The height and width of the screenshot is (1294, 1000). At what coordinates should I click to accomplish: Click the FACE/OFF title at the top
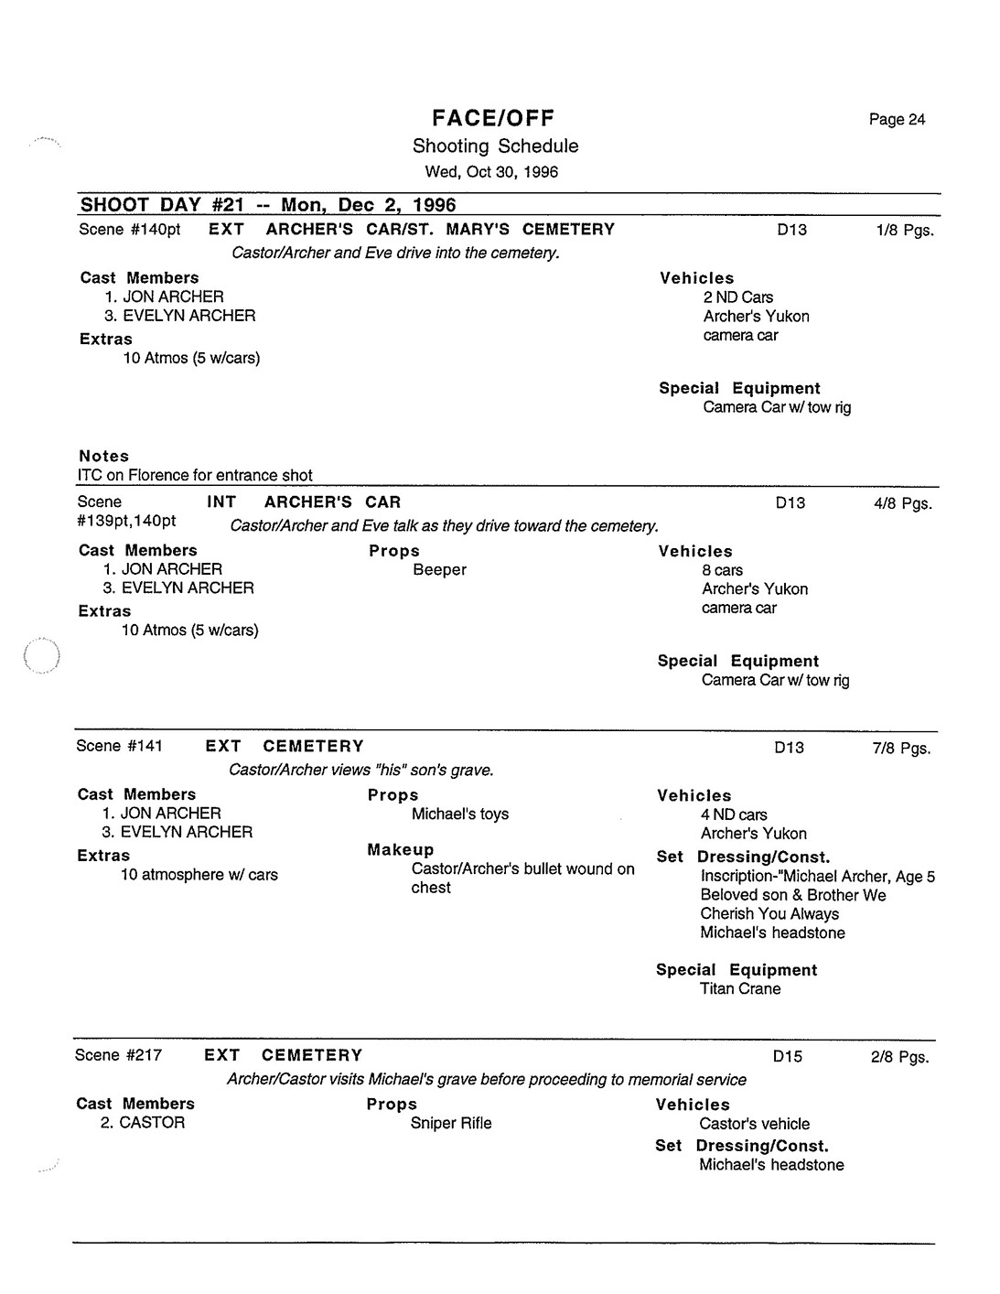pyautogui.click(x=494, y=118)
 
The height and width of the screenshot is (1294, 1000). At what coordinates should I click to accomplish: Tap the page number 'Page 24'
pyautogui.click(x=897, y=120)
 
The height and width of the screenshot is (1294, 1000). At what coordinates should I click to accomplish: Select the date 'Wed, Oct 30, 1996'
pyautogui.click(x=491, y=172)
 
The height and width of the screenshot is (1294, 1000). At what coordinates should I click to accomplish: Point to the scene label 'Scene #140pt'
pyautogui.click(x=129, y=230)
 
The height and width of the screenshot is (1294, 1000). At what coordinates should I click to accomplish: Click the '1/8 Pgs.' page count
pyautogui.click(x=904, y=231)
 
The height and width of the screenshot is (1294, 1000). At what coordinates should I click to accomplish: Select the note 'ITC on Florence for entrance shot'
pyautogui.click(x=195, y=476)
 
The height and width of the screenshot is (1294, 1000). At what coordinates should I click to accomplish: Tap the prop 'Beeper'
pyautogui.click(x=439, y=570)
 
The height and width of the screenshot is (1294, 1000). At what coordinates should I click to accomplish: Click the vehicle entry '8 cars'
pyautogui.click(x=722, y=571)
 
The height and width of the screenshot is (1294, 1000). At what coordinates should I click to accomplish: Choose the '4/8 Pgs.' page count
pyautogui.click(x=902, y=503)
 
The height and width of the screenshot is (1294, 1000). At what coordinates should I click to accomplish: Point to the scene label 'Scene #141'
pyautogui.click(x=119, y=747)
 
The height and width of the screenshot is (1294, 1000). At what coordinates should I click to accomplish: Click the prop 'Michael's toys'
pyautogui.click(x=459, y=814)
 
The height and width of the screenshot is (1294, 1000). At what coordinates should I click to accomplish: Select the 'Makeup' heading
pyautogui.click(x=400, y=850)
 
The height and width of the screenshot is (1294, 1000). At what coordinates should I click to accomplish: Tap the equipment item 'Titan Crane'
pyautogui.click(x=740, y=989)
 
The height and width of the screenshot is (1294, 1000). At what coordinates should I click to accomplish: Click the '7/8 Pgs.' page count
pyautogui.click(x=901, y=749)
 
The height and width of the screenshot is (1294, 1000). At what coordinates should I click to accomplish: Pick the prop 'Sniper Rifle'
pyautogui.click(x=450, y=1124)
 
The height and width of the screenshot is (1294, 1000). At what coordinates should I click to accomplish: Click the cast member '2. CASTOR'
pyautogui.click(x=143, y=1123)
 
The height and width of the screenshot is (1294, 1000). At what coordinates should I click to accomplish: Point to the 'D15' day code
pyautogui.click(x=787, y=1057)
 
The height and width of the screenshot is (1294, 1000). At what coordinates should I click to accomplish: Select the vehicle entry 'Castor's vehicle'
pyautogui.click(x=754, y=1125)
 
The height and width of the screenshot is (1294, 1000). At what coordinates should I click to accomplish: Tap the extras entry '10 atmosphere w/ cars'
pyautogui.click(x=199, y=876)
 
